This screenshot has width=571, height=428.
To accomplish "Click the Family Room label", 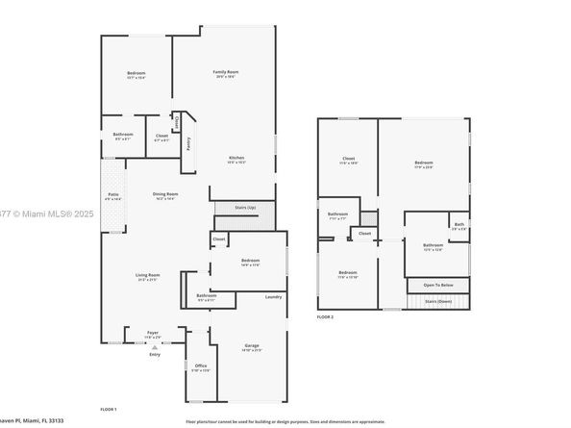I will pos(226,72).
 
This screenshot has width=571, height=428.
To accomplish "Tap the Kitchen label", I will pos(236,157).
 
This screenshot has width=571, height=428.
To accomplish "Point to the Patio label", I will pos(113,194).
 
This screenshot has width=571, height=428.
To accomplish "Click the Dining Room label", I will pos(166,193).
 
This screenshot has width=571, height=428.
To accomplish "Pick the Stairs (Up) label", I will pos(245,207).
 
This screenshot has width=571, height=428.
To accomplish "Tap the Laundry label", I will pos(273,296).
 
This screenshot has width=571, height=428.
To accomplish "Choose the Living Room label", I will pos(147,275).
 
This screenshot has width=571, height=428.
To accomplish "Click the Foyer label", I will pos(153,334).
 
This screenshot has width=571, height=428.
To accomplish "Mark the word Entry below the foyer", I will pos(155,354).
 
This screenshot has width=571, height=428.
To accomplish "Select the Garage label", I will pos(252,345).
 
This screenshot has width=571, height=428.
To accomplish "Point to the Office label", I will pos(200,366).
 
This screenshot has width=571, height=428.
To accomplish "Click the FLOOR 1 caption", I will pos(109,410).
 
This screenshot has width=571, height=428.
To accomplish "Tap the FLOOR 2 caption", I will pos(326,315).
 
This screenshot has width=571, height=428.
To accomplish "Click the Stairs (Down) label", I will pos(437,301).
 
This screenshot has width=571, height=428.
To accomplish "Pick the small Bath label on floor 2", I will pos(459,225).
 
